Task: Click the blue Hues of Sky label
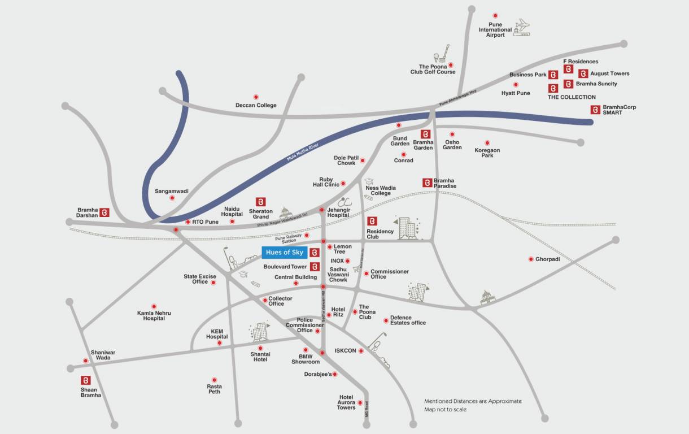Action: tap(285, 252)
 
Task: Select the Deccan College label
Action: tap(256, 105)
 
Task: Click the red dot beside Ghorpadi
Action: tap(531, 259)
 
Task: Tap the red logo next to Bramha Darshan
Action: tap(104, 212)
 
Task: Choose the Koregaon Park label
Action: tap(487, 153)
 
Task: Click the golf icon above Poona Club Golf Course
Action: tap(441, 53)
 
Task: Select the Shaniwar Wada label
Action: tap(103, 355)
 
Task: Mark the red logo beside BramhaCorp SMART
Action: tap(595, 110)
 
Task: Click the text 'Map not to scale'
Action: tap(446, 409)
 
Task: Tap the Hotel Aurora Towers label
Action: tap(346, 402)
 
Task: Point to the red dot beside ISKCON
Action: tap(361, 351)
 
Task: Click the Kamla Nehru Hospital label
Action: tap(154, 315)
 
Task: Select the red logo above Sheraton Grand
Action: tap(260, 202)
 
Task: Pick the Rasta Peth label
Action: tap(214, 389)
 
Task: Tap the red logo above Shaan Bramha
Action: tap(86, 380)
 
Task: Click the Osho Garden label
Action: tap(452, 145)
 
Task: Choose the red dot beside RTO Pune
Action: tap(187, 222)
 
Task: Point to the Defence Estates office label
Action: tap(408, 320)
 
